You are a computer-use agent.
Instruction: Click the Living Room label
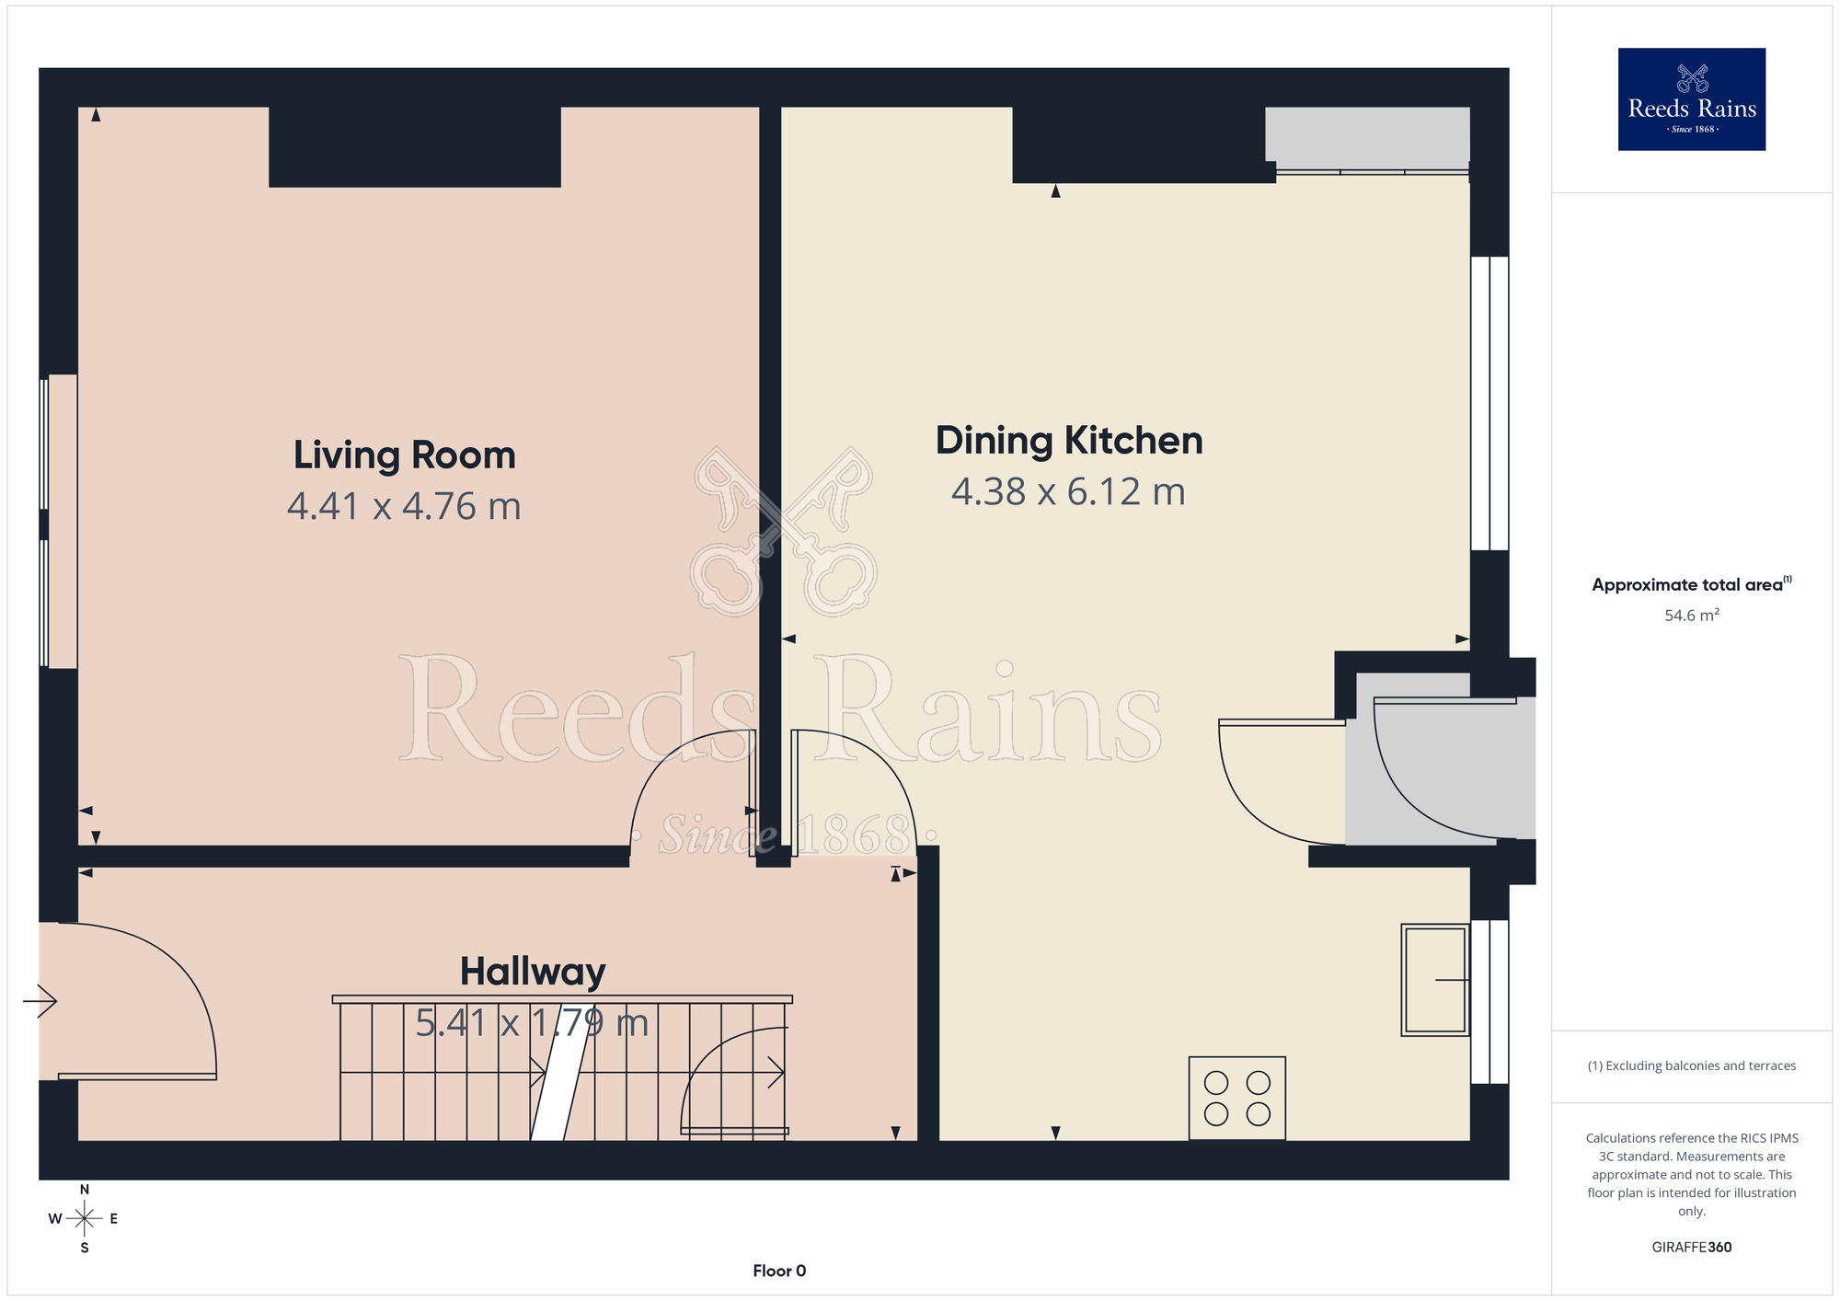[405, 455]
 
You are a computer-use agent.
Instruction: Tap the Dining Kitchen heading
[1069, 441]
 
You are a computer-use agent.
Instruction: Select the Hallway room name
[533, 972]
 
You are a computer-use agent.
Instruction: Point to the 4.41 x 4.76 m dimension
[404, 506]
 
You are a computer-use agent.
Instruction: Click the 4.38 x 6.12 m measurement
[1068, 491]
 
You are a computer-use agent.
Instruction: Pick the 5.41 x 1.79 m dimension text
[532, 1022]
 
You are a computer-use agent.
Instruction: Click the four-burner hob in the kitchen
[1236, 1098]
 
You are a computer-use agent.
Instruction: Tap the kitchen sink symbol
[1434, 980]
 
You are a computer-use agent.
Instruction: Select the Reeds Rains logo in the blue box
[1692, 99]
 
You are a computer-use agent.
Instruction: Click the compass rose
[84, 1219]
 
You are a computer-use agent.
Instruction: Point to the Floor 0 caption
[779, 1271]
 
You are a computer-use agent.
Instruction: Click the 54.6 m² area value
[1692, 615]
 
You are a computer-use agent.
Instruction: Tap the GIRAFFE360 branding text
[1692, 1248]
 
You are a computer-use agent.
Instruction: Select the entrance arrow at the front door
[40, 1001]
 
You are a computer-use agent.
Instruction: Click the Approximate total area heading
[1692, 584]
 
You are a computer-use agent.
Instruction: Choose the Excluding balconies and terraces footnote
[1692, 1065]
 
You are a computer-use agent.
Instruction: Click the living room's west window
[58, 521]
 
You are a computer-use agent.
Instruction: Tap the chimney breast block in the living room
[415, 147]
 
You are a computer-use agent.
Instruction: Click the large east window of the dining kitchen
[1489, 403]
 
